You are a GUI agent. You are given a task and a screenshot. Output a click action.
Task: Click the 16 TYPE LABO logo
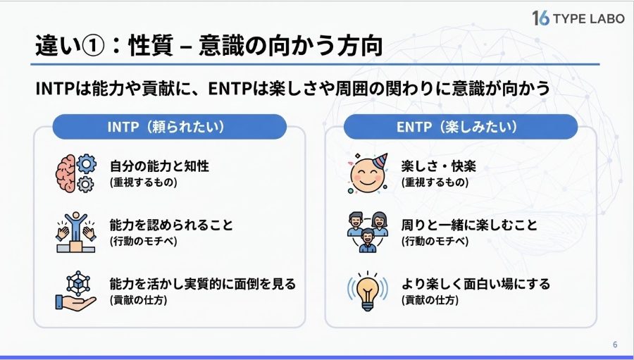(578, 18)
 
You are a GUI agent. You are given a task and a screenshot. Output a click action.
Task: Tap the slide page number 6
(615, 345)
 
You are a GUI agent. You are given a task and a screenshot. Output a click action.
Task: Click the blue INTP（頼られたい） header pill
(169, 127)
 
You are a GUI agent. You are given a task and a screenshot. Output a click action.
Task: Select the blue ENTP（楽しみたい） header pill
(461, 127)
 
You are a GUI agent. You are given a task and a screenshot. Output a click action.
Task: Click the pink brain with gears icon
(76, 173)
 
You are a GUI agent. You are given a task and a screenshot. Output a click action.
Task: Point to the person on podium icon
(76, 232)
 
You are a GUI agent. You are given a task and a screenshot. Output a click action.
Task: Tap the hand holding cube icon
(76, 291)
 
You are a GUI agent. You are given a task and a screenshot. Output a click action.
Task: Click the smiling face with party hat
(368, 173)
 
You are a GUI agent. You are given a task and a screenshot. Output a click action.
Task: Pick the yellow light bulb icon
(368, 291)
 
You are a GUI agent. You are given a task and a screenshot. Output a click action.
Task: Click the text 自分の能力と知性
(160, 166)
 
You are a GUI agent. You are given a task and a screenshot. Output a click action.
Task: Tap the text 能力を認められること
(171, 225)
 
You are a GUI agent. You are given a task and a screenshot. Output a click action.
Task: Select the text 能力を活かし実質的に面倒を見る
(203, 284)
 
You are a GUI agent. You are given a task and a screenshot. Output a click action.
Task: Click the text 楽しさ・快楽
(439, 166)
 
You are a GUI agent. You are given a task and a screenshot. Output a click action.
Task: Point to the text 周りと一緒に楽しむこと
(469, 225)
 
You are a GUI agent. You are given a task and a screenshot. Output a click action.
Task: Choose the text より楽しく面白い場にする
(476, 284)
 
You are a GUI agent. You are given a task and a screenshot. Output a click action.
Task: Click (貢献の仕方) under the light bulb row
(430, 300)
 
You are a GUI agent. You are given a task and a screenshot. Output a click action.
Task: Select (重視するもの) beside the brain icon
(144, 182)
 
